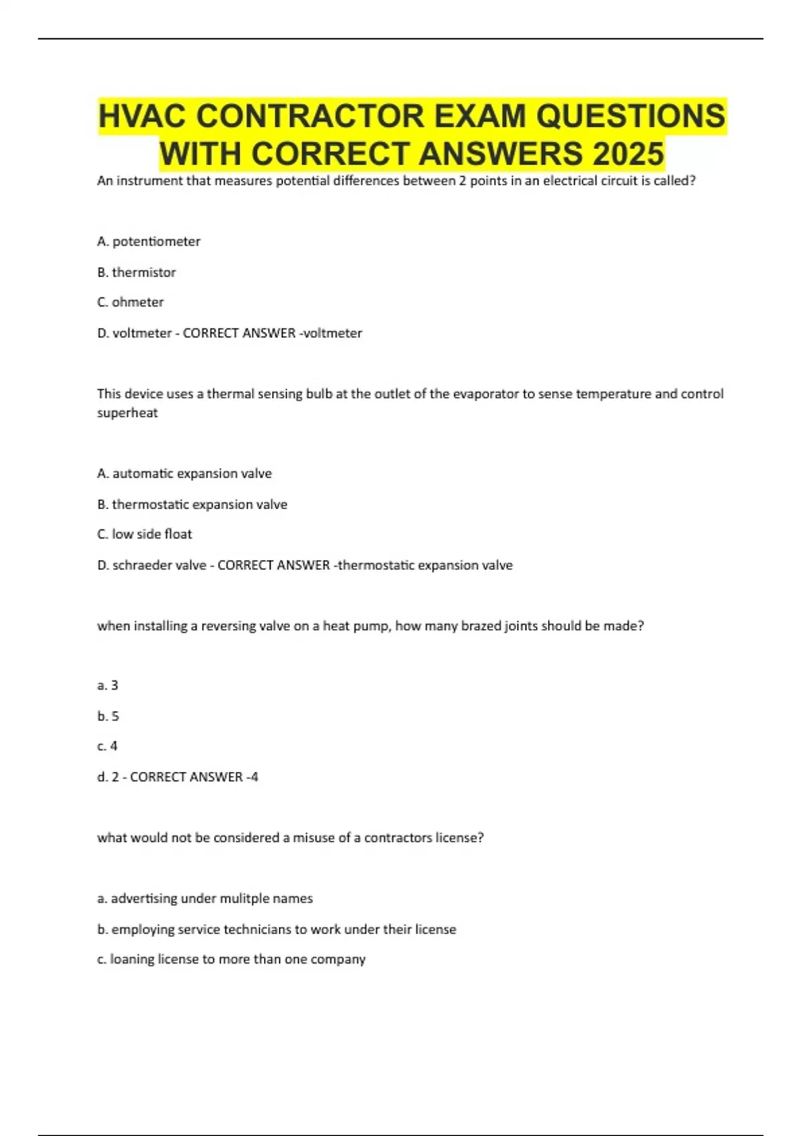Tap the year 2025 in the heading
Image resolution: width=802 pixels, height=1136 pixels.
[x=628, y=154]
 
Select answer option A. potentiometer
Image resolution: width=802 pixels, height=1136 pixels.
[x=148, y=241]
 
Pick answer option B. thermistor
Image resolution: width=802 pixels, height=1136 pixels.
[x=136, y=272]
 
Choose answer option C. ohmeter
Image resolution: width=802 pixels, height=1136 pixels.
[x=130, y=302]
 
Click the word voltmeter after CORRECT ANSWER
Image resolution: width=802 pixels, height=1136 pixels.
[x=334, y=333]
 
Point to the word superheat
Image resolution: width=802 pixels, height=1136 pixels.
[x=127, y=412]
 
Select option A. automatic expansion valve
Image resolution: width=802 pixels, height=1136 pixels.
[x=184, y=473]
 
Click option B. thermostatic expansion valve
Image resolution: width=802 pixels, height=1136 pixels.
[x=192, y=504]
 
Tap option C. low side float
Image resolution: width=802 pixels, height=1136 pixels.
[x=144, y=534]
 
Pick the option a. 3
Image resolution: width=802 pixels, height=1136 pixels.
[x=108, y=685]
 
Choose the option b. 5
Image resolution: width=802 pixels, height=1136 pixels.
[x=108, y=716]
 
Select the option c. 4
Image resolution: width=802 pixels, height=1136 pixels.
[x=107, y=746]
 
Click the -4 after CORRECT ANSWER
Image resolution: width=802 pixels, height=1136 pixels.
[x=252, y=776]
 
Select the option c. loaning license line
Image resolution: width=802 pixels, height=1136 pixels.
[x=231, y=959]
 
